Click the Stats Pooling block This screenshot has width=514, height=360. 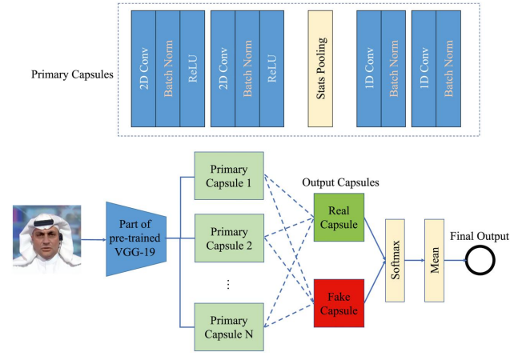pyautogui.click(x=320, y=69)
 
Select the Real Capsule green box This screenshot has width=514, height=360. pyautogui.click(x=339, y=217)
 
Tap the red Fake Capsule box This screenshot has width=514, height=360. pyautogui.click(x=339, y=303)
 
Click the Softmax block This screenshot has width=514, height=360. pyautogui.click(x=395, y=261)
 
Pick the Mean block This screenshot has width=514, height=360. pyautogui.click(x=435, y=261)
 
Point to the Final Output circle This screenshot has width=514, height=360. pyautogui.click(x=480, y=261)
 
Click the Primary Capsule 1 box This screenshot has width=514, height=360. pyautogui.click(x=229, y=175)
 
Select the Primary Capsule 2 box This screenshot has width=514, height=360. pyautogui.click(x=229, y=238)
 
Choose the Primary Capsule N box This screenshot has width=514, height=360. pyautogui.click(x=229, y=327)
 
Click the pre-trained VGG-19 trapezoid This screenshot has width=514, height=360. pyautogui.click(x=136, y=238)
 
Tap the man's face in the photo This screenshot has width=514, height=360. pyautogui.click(x=45, y=240)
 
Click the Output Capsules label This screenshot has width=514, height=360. pyautogui.click(x=340, y=182)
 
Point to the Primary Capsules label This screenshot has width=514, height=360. pyautogui.click(x=72, y=74)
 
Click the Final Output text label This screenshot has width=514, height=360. pyautogui.click(x=480, y=236)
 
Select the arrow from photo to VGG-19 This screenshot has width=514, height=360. pyautogui.click(x=94, y=239)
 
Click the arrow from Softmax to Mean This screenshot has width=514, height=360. pyautogui.click(x=415, y=261)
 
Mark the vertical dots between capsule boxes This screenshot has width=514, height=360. pyautogui.click(x=228, y=284)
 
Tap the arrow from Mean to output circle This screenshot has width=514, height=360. pyautogui.click(x=455, y=261)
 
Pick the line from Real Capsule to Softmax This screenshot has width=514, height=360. pyautogui.click(x=375, y=239)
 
